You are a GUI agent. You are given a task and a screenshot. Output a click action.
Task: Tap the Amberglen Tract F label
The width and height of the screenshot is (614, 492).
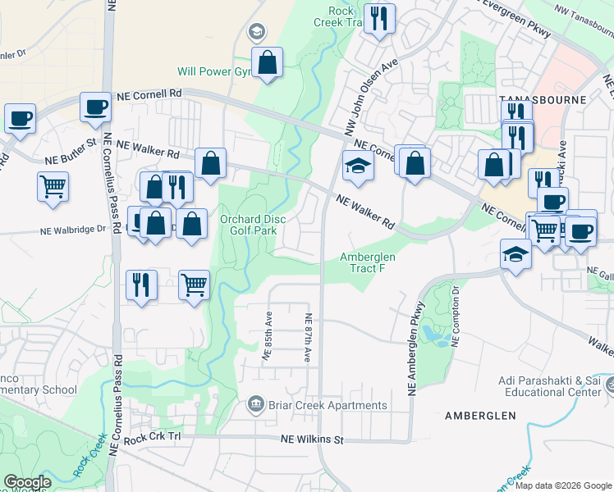pos(368,262)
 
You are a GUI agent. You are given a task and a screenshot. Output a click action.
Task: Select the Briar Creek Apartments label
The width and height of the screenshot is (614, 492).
pos(326,405)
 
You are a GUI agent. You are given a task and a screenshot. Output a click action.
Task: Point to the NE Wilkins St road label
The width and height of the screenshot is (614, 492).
pos(311,440)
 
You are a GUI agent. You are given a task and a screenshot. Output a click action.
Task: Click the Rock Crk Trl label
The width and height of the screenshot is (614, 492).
pos(151,437)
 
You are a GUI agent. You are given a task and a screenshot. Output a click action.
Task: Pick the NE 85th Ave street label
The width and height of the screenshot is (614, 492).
pos(266,335)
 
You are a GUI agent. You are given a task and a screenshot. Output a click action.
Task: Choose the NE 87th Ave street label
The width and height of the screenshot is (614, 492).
pos(308,338)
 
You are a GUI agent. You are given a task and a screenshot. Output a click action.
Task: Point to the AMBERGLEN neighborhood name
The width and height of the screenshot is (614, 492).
pos(480,416)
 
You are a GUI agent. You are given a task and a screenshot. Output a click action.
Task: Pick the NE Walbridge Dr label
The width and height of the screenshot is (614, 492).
pos(74,230)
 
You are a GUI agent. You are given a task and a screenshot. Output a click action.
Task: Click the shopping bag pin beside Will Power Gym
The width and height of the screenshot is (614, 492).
pos(268,62)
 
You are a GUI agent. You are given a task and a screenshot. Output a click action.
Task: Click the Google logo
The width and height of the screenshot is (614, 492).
pos(27,482)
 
